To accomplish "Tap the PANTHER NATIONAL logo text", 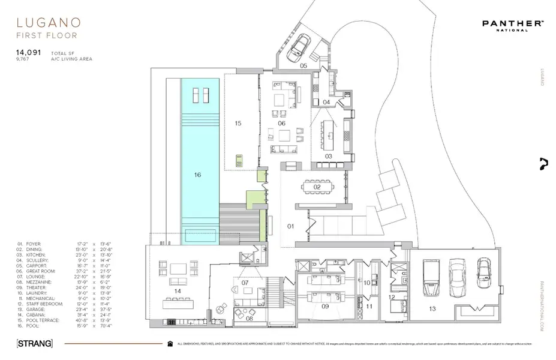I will point(513,24).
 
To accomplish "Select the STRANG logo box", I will point(35,344).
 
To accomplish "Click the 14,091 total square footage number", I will point(28,52).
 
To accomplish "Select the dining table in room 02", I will point(317,187).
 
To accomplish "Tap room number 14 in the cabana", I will point(178,290).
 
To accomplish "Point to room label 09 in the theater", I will point(325,306).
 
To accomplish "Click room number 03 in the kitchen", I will point(329,156).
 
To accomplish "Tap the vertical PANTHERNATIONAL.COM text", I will point(542,307).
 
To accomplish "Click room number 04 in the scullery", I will point(326,103).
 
